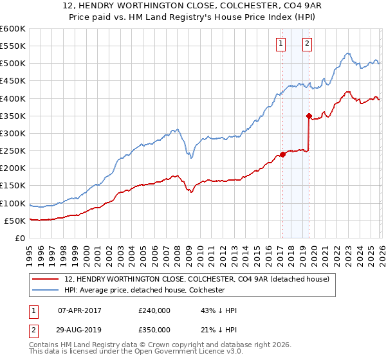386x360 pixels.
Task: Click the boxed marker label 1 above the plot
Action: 282,44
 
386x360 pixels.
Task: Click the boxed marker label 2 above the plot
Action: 307,44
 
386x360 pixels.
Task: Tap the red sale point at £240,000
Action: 282,154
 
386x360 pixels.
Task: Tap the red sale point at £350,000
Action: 309,116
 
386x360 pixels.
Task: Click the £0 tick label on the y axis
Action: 19,238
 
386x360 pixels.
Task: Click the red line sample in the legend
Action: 46,279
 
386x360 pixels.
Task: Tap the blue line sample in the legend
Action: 46,290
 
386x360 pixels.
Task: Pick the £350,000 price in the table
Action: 154,329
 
